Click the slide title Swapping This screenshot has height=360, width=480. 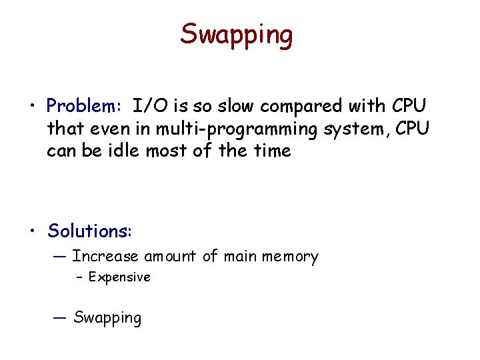click(x=236, y=35)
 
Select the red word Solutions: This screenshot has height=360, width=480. click(x=90, y=231)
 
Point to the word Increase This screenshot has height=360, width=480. click(x=105, y=256)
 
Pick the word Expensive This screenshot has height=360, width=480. click(x=119, y=277)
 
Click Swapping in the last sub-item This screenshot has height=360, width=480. click(x=107, y=318)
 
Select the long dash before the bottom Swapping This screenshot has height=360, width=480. click(x=61, y=317)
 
